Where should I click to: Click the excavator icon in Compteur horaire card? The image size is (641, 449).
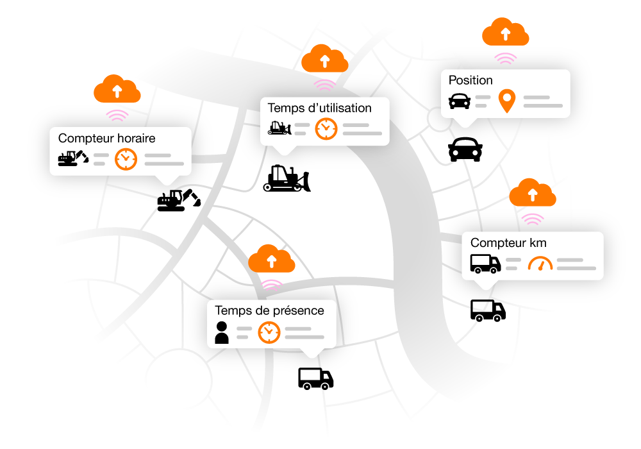72,158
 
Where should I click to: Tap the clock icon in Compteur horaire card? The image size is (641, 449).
126,159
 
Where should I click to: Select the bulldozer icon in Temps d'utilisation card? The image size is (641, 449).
279,128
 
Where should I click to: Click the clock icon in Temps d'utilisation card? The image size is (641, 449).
326,128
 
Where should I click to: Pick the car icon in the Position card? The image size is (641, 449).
459,101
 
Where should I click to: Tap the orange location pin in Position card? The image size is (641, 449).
507,101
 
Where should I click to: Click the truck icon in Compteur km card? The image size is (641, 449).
485,263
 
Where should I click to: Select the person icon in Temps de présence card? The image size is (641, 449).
222,332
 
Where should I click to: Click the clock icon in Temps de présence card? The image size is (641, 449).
269,332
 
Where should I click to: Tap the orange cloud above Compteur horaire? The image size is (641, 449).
117,89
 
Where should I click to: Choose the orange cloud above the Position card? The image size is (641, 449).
505,32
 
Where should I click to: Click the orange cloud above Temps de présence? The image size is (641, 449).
271,259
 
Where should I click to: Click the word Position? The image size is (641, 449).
470,80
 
